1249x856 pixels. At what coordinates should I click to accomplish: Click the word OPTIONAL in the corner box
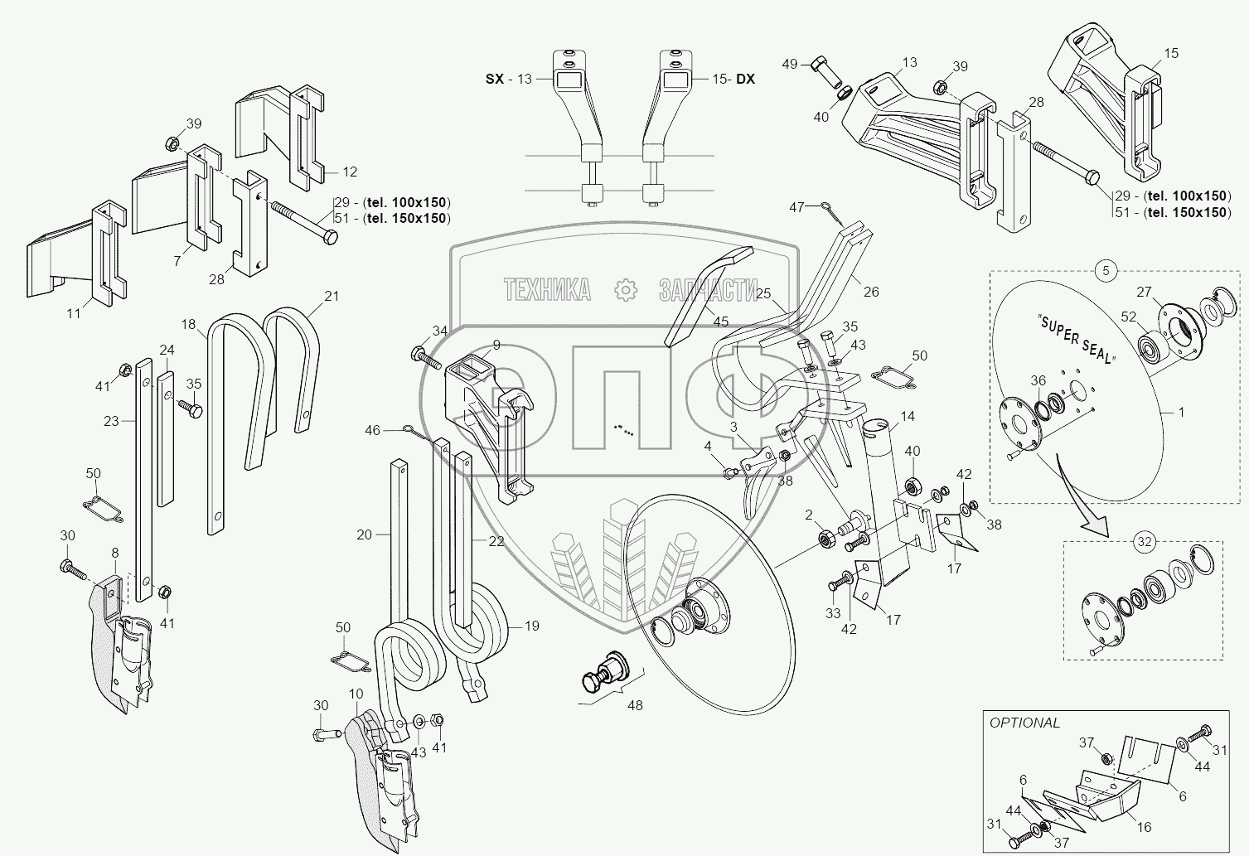click(x=1024, y=723)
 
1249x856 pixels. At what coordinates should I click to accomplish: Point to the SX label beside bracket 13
click(x=496, y=79)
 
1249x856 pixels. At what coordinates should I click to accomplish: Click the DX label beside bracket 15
click(x=745, y=79)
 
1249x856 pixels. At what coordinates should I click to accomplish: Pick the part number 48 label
click(x=634, y=706)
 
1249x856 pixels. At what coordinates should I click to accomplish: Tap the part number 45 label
click(x=720, y=322)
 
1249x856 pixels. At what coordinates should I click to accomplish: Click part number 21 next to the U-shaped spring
click(x=332, y=296)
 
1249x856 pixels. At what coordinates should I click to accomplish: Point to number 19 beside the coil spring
click(x=531, y=626)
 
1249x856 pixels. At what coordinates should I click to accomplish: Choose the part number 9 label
click(x=496, y=345)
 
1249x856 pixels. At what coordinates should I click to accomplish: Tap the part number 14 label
click(x=908, y=417)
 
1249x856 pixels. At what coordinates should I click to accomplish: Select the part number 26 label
click(x=870, y=292)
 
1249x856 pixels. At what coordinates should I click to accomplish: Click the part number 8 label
click(x=114, y=553)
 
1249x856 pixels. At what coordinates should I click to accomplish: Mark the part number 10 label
click(x=356, y=693)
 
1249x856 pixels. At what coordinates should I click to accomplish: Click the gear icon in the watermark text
click(x=624, y=289)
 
